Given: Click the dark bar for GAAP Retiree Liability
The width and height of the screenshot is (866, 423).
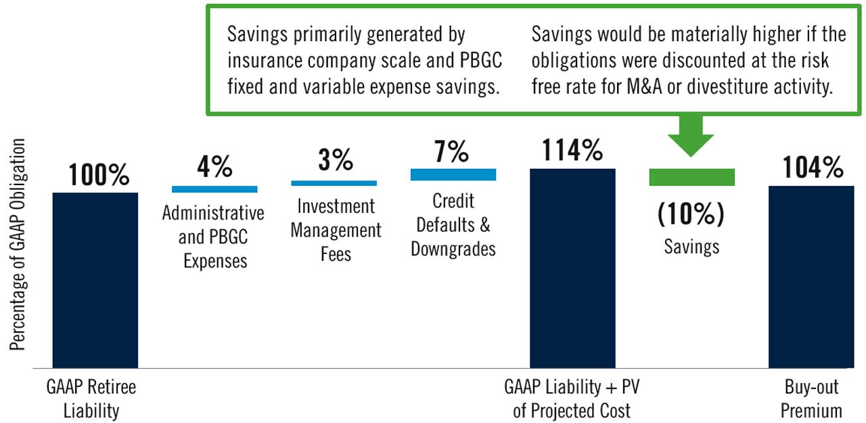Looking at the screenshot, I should click(95, 280).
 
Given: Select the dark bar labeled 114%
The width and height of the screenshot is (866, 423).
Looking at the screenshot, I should click(572, 268).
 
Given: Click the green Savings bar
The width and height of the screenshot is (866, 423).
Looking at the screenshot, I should click(691, 177).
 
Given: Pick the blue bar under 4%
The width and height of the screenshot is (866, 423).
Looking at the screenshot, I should click(214, 189).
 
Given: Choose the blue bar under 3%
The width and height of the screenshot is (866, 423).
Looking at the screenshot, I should click(334, 182).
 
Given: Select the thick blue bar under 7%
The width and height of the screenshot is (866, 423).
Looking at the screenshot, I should click(453, 174).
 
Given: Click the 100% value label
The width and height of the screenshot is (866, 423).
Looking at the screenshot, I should click(99, 175).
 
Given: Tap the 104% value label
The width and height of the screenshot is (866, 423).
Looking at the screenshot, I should click(813, 167).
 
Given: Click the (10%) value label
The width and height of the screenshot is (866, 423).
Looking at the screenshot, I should click(691, 214).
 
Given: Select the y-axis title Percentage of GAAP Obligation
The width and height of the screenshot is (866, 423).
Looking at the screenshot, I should click(18, 245).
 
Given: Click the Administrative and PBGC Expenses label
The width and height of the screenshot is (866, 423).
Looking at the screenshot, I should click(213, 237).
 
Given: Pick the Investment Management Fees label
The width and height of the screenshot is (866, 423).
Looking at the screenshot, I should click(336, 230).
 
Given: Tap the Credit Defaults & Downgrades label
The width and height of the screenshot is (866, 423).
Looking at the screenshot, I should click(453, 224).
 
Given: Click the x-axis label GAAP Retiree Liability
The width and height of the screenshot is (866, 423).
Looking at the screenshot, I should click(91, 399).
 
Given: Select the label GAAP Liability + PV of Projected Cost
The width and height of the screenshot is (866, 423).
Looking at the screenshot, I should click(572, 399).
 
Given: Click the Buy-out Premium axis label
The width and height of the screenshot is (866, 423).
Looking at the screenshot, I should click(811, 399).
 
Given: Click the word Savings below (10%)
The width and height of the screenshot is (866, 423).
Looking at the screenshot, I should click(691, 247).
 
